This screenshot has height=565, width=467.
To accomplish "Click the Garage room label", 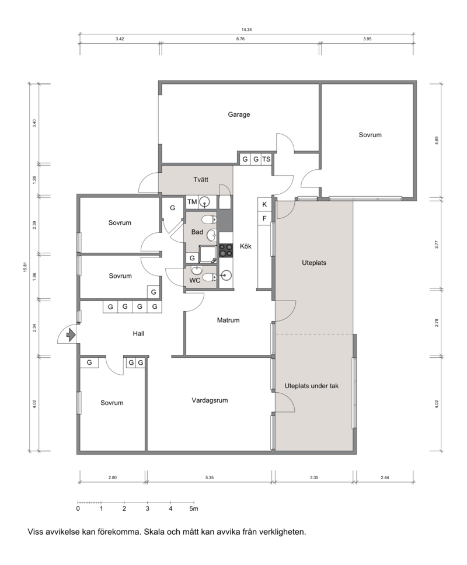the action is [x=239, y=114].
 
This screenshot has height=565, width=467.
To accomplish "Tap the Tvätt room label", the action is [x=201, y=179].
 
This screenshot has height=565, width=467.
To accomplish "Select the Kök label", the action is [x=246, y=246].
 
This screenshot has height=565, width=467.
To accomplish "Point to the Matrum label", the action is [x=228, y=320].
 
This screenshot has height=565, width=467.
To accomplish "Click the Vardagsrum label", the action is [x=210, y=400].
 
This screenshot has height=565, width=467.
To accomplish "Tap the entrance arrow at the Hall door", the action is [x=71, y=335].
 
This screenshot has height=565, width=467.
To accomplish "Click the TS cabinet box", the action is [x=266, y=159].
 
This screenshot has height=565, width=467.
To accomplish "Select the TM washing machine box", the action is [x=191, y=202].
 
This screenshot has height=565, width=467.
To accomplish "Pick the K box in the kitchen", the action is [x=264, y=204].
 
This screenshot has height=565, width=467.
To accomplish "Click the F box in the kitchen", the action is [x=264, y=218].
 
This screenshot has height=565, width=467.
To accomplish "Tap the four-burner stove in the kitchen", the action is [x=226, y=250].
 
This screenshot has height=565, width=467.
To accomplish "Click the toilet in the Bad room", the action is [x=208, y=219].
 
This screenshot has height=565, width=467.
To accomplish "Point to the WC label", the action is [x=194, y=280].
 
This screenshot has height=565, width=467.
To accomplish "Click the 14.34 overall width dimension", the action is [x=246, y=30].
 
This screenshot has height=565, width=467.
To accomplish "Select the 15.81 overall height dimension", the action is [x=25, y=267].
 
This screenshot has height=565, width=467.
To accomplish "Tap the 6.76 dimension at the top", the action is [x=241, y=39].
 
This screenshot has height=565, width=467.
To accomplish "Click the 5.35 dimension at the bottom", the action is [x=210, y=478].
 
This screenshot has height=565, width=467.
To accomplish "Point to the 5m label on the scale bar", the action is [x=194, y=509].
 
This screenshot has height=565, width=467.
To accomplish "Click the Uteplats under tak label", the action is [x=312, y=386].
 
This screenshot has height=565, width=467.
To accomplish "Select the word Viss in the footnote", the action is [x=35, y=532].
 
